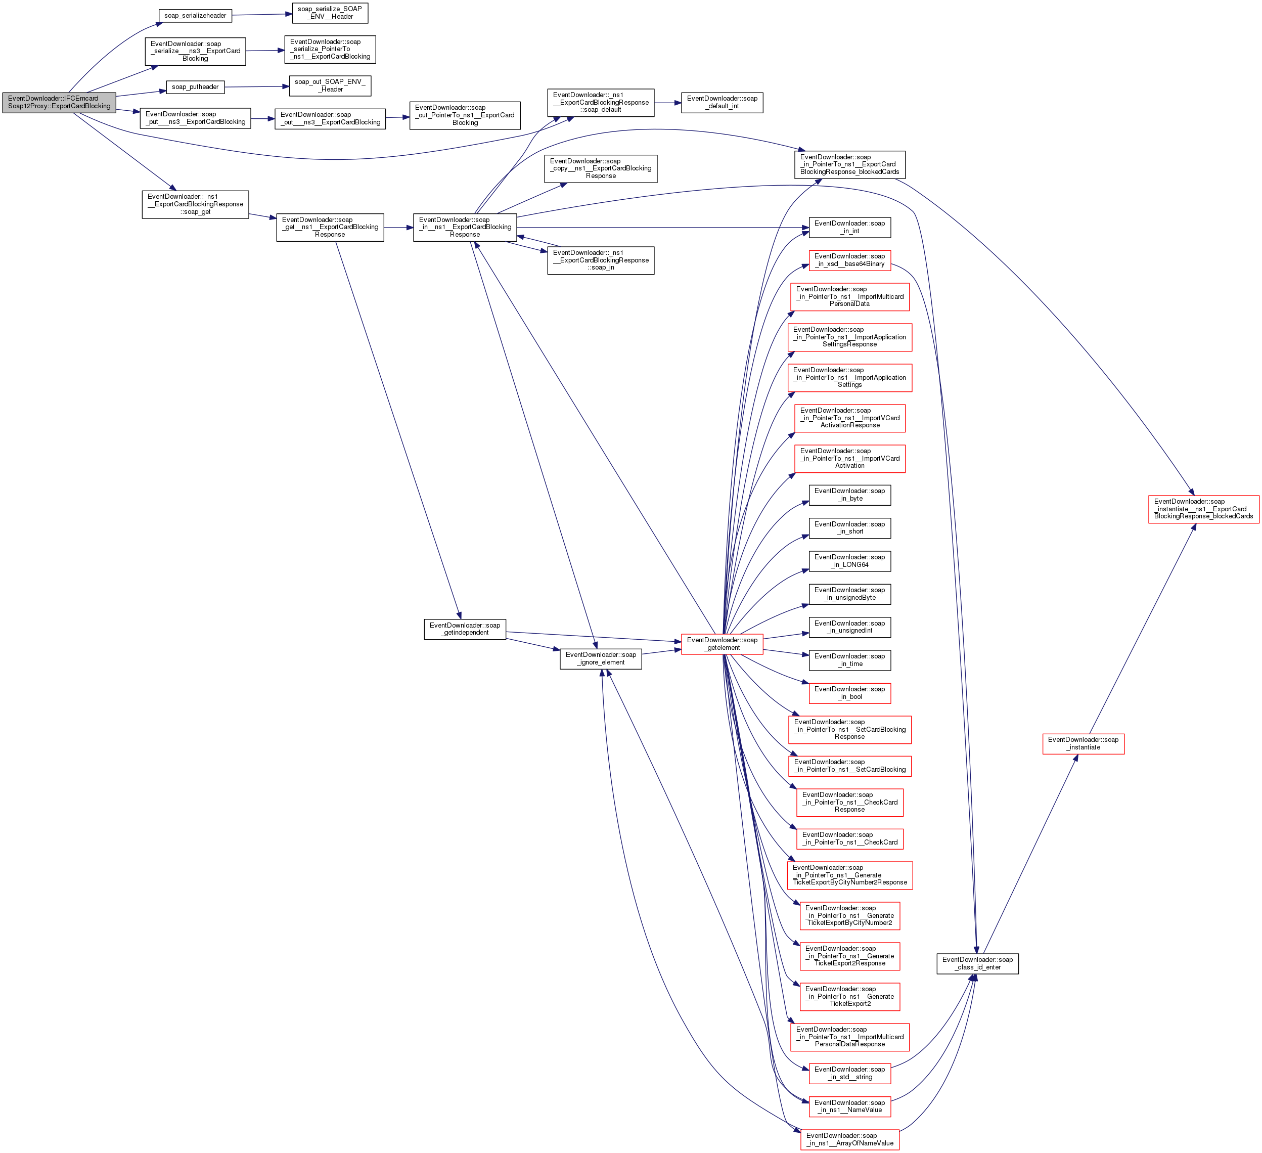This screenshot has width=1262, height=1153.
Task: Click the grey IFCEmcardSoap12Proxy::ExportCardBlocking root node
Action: click(x=59, y=102)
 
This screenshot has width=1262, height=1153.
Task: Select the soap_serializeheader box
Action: click(x=195, y=16)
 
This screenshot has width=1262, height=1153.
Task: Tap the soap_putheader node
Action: click(x=195, y=87)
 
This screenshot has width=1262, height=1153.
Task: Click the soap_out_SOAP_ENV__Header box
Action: click(x=330, y=86)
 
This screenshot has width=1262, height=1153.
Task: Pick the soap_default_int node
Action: click(x=722, y=103)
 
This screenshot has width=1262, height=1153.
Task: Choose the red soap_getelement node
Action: click(x=722, y=644)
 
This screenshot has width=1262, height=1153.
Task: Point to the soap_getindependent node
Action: click(x=465, y=629)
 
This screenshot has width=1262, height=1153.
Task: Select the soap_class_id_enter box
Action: click(x=977, y=963)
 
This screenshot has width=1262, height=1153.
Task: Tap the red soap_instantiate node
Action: click(x=1083, y=743)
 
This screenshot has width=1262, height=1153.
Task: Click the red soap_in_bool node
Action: click(x=849, y=693)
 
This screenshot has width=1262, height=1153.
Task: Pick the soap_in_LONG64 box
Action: click(x=849, y=561)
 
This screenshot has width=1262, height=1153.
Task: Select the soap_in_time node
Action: click(x=849, y=660)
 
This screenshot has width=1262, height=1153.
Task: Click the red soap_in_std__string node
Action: click(x=849, y=1074)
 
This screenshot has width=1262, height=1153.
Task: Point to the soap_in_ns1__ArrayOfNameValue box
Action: click(x=849, y=1139)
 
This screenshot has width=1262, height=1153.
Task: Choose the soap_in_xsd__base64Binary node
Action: click(x=849, y=260)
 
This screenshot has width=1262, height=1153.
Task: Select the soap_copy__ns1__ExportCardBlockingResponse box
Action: click(x=600, y=168)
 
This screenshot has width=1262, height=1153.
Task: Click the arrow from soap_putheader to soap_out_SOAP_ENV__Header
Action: click(x=257, y=86)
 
